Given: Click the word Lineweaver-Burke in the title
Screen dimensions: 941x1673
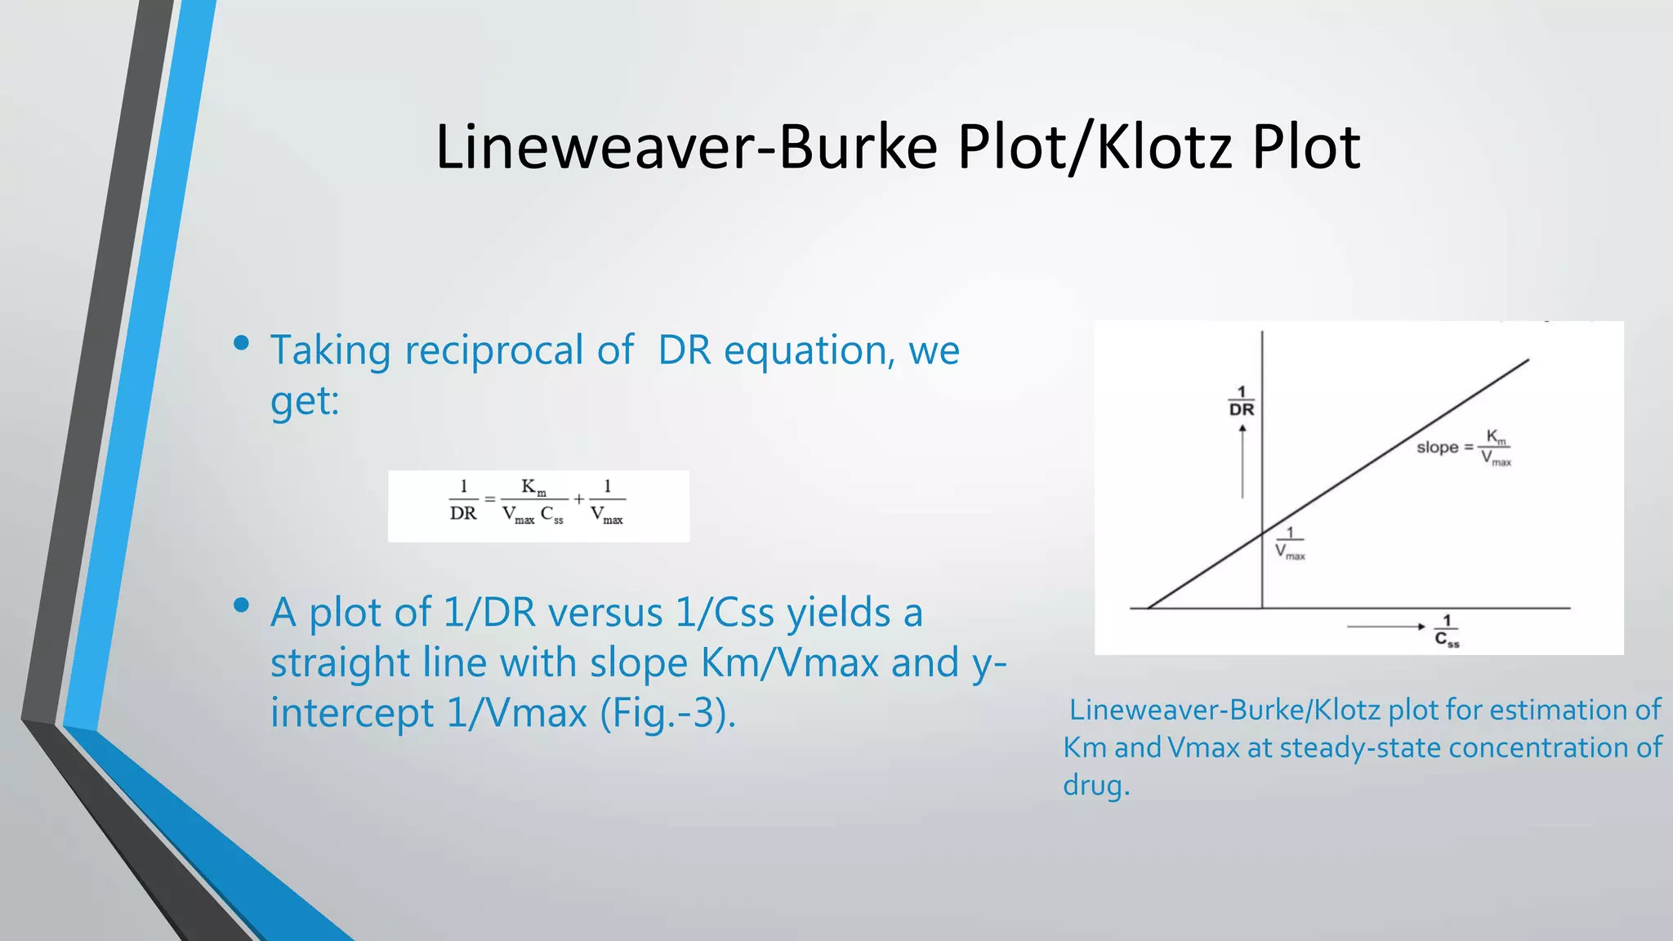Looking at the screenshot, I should (x=686, y=147).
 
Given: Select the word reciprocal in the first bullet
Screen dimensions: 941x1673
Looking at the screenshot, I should (x=493, y=351).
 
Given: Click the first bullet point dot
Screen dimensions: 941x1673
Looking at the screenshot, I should (x=241, y=343).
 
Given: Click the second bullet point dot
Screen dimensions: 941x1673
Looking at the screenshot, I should (x=241, y=605).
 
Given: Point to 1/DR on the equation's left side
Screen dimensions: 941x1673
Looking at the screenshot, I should (x=463, y=500).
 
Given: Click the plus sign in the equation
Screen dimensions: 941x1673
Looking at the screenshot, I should (x=578, y=499).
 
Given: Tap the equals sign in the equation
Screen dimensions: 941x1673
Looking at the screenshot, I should (x=490, y=499).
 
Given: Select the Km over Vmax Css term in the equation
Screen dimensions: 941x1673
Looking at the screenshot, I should (x=533, y=501).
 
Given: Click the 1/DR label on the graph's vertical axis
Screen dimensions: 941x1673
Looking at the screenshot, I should (x=1241, y=402).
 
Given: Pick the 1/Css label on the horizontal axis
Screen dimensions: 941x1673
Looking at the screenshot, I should (x=1447, y=631).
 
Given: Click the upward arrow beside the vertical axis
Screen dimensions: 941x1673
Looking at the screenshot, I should (x=1242, y=462).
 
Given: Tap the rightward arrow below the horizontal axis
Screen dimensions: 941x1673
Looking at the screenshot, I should (x=1386, y=627).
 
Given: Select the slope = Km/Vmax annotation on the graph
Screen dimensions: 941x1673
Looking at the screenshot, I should (x=1463, y=448).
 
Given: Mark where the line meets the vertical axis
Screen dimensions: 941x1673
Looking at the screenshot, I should (x=1262, y=533).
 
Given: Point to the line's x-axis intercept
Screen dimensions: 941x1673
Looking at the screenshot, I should (x=1149, y=608).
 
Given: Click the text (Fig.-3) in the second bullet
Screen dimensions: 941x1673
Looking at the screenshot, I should (x=667, y=713).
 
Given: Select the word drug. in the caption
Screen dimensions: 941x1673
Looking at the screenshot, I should (x=1096, y=786).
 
